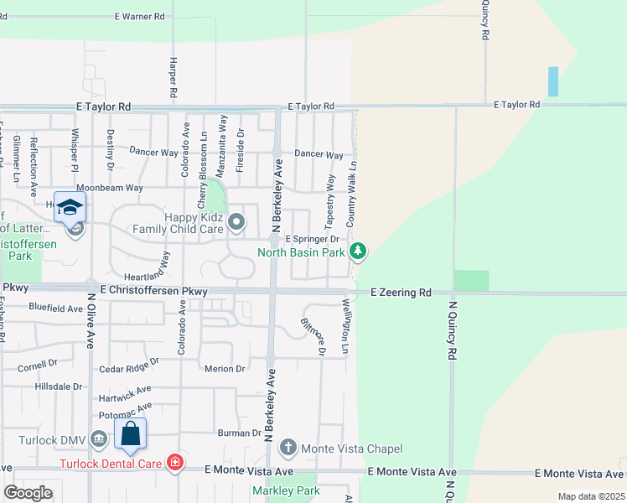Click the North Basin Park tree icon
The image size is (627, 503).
[358, 251]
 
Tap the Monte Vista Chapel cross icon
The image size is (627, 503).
[288, 448]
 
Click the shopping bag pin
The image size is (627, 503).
[130, 434]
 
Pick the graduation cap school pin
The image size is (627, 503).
[70, 207]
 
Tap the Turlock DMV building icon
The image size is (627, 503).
[99, 439]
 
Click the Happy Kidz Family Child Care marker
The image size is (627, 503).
[236, 222]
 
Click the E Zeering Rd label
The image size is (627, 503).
[401, 293]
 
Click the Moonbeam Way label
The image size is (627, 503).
[110, 188]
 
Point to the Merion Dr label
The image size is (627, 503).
[225, 368]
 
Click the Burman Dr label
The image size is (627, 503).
[239, 433]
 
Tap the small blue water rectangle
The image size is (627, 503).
[552, 82]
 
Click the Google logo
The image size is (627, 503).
[28, 493]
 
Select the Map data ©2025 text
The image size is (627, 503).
[590, 496]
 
